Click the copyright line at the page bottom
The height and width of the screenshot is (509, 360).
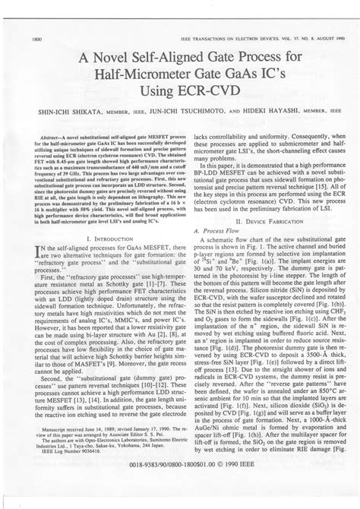point(179,483)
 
